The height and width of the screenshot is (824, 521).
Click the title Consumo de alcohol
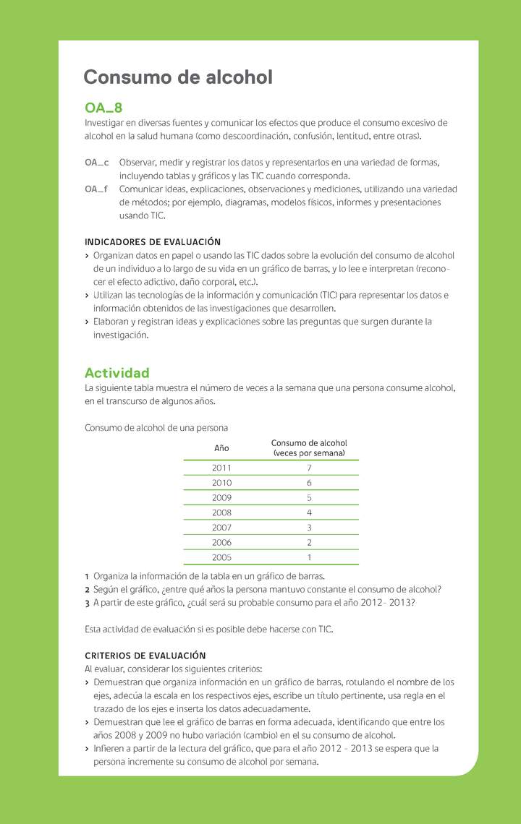click(178, 77)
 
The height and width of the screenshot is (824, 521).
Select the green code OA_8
click(103, 108)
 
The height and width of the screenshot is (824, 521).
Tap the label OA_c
click(97, 163)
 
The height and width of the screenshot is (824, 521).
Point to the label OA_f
click(97, 189)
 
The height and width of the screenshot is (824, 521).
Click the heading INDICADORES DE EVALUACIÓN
click(153, 241)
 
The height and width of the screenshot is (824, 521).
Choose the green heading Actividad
click(117, 373)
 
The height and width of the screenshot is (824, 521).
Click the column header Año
click(221, 448)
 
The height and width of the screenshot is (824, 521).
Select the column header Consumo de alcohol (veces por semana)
click(309, 448)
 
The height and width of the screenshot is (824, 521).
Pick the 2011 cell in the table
click(221, 468)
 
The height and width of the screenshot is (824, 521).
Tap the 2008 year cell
click(221, 512)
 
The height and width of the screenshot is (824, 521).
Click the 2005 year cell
click(221, 557)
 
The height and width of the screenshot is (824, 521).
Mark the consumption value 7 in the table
click(309, 468)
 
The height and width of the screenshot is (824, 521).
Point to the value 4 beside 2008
click(309, 512)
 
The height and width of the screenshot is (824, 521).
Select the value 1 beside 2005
click(309, 557)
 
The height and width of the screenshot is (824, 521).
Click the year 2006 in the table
click(221, 542)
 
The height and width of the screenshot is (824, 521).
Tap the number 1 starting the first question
click(87, 576)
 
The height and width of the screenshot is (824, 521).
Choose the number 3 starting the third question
click(87, 603)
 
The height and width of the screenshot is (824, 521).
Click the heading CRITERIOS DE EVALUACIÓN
click(145, 656)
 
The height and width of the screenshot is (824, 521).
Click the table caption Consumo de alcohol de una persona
click(156, 428)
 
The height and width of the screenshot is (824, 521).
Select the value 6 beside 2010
click(309, 483)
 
